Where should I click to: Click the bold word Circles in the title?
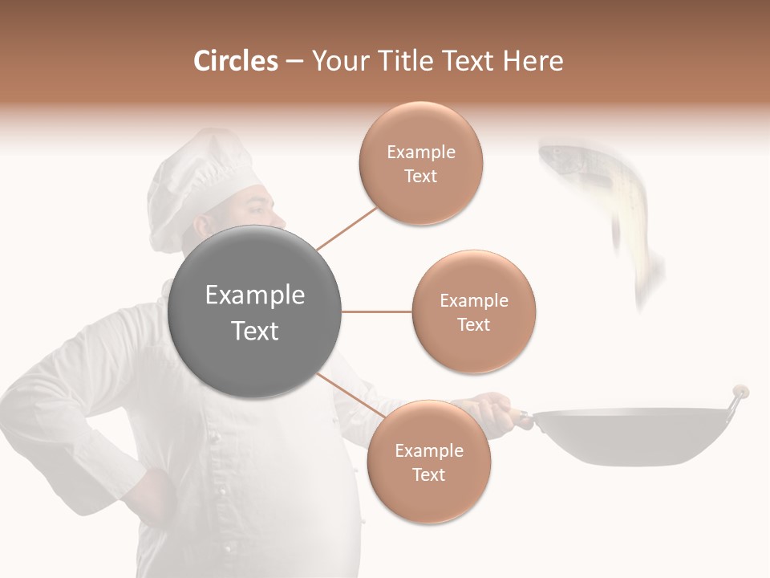pos(236,61)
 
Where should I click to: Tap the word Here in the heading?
pos(533,61)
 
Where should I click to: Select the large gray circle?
pos(254,311)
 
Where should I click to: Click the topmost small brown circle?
pos(420,164)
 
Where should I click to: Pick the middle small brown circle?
pos(473,311)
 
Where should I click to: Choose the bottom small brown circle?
pos(428,462)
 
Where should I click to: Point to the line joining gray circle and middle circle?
pos(376,311)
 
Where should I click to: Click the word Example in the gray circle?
pos(254,295)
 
